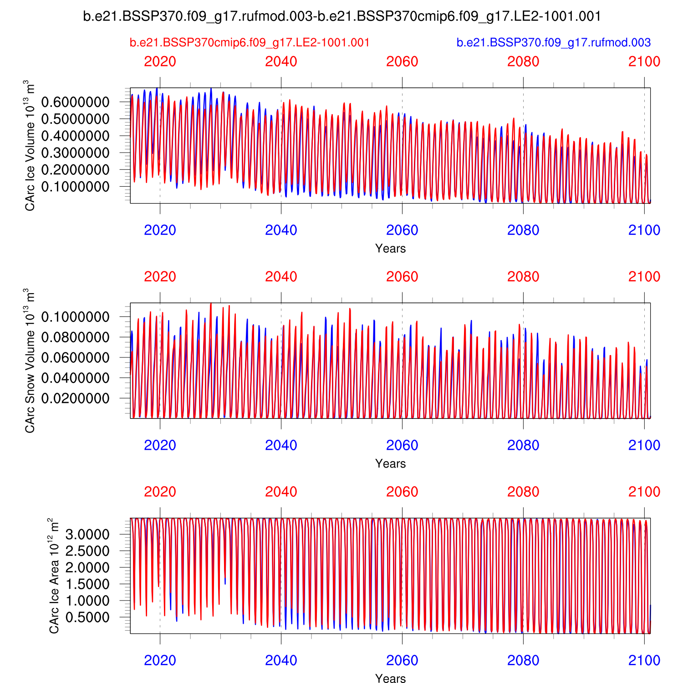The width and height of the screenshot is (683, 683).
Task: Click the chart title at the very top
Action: [x=342, y=17]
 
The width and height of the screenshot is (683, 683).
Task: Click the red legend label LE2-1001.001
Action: [x=250, y=43]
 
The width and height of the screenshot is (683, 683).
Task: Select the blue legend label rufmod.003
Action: [x=553, y=43]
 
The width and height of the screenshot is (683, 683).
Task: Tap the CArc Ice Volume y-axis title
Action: [x=30, y=146]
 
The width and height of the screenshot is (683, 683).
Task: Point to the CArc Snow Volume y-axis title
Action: [x=30, y=361]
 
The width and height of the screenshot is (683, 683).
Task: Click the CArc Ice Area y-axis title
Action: [x=54, y=576]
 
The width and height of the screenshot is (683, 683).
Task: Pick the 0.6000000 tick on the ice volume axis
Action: [x=75, y=102]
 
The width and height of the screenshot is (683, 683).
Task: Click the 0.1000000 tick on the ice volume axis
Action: [x=75, y=187]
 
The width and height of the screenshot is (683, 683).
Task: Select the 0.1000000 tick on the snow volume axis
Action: [x=75, y=317]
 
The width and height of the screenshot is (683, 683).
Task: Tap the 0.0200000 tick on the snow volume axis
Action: [x=75, y=398]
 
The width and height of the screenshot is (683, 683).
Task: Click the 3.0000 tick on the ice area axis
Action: [x=87, y=534]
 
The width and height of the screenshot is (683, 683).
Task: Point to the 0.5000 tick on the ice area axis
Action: [x=87, y=617]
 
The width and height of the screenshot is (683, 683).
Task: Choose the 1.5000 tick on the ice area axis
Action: [x=87, y=584]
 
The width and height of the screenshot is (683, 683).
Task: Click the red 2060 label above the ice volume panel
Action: [x=402, y=62]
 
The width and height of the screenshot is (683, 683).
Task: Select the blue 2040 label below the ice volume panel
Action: [x=281, y=230]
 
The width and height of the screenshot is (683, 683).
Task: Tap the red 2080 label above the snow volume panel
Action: [x=523, y=277]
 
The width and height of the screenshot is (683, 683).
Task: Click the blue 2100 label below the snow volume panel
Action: [x=644, y=445]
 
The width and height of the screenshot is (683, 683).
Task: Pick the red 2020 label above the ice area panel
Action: [x=160, y=492]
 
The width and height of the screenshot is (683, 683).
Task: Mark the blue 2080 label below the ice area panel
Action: [x=523, y=660]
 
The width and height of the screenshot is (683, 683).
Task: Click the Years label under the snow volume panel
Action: [x=390, y=464]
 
